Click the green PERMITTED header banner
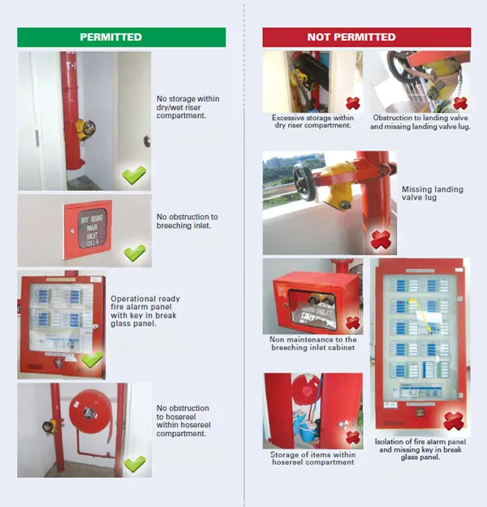[122, 37]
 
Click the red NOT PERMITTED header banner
[366, 37]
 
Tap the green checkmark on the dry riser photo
[134, 174]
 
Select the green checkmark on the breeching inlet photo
[134, 252]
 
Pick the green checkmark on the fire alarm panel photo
[93, 359]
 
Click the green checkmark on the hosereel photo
[134, 463]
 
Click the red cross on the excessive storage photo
[352, 103]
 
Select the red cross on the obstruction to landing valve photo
[460, 103]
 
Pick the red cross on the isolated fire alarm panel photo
[453, 421]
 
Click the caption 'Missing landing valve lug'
[432, 194]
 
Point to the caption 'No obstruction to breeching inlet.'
[187, 222]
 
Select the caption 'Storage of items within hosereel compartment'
[312, 459]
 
